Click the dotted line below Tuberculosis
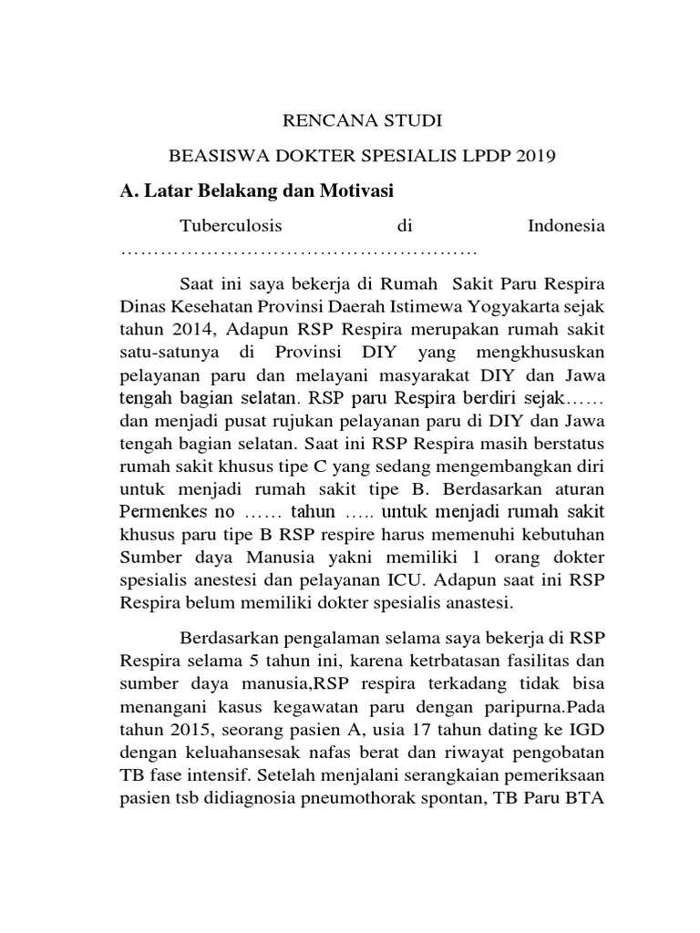(300, 250)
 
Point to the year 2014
(180, 326)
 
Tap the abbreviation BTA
(587, 800)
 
